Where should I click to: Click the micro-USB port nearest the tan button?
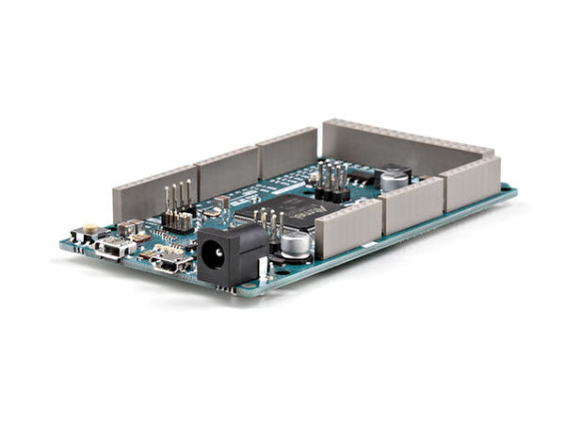[114, 249]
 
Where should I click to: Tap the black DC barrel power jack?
[231, 255]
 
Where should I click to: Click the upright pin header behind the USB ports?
[178, 207]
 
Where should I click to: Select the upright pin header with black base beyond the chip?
[331, 181]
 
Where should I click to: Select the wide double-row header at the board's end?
[405, 146]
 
